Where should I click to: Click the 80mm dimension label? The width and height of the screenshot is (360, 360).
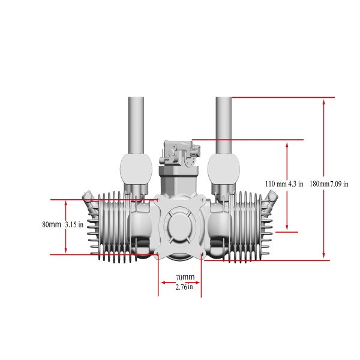[x=52, y=224]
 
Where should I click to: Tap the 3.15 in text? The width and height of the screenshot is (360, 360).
[x=74, y=224]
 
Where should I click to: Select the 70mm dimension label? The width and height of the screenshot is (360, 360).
[x=185, y=277]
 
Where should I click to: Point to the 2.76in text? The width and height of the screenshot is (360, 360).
[x=184, y=287]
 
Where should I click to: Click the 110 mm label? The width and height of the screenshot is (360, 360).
[x=276, y=184]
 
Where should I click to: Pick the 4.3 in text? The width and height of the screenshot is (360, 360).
[x=296, y=184]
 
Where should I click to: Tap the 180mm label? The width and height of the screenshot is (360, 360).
[x=319, y=184]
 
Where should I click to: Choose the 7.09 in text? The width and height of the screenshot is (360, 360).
[x=339, y=184]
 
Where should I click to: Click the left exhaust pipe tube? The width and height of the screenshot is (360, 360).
[x=136, y=125]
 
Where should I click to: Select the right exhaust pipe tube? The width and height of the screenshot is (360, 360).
[x=224, y=125]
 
